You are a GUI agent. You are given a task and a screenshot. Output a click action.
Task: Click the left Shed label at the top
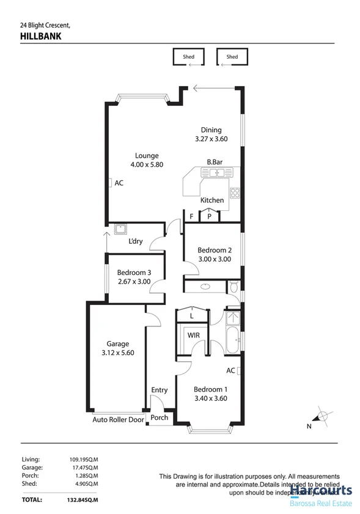point(188,57)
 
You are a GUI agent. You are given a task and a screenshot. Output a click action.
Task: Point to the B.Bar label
point(213,162)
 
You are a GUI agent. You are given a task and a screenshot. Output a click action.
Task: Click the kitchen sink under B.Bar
point(215,174)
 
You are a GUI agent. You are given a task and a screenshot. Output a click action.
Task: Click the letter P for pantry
point(209,216)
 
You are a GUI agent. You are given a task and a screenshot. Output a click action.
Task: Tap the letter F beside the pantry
point(191,216)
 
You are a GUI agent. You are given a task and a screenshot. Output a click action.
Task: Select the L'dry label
point(136,241)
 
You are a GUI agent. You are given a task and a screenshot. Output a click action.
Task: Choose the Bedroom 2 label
point(215,249)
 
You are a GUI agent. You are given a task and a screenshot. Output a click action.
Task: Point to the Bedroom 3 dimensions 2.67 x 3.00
point(134,282)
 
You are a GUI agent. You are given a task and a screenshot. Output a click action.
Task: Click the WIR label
point(193,335)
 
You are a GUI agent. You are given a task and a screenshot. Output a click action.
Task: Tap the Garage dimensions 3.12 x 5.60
point(118,353)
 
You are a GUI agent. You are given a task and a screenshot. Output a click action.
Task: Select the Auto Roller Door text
point(119,420)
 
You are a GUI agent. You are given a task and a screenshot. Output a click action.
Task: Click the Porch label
point(160,418)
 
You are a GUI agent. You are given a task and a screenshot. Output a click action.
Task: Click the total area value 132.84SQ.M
point(84,499)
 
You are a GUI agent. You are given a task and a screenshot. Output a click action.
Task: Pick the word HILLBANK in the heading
point(40,37)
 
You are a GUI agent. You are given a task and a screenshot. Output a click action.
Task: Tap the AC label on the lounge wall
point(119,183)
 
